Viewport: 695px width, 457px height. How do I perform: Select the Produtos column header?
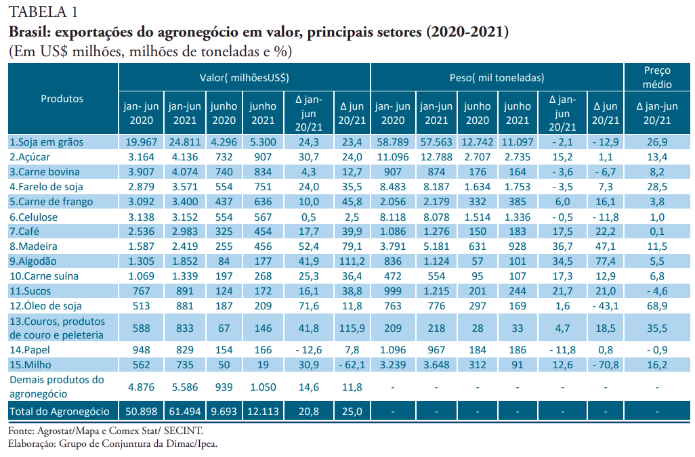pos(62,98)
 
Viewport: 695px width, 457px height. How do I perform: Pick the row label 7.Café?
pos(26,232)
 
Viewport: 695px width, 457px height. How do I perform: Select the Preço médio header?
pos(657,77)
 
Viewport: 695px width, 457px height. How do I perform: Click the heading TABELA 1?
pos(42,12)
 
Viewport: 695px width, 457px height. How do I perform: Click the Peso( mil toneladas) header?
pos(497,78)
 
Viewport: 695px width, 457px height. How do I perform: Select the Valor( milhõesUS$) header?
pos(245,78)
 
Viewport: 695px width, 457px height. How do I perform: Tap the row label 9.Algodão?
pos(33,261)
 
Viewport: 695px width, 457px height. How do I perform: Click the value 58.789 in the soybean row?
pos(393,142)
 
